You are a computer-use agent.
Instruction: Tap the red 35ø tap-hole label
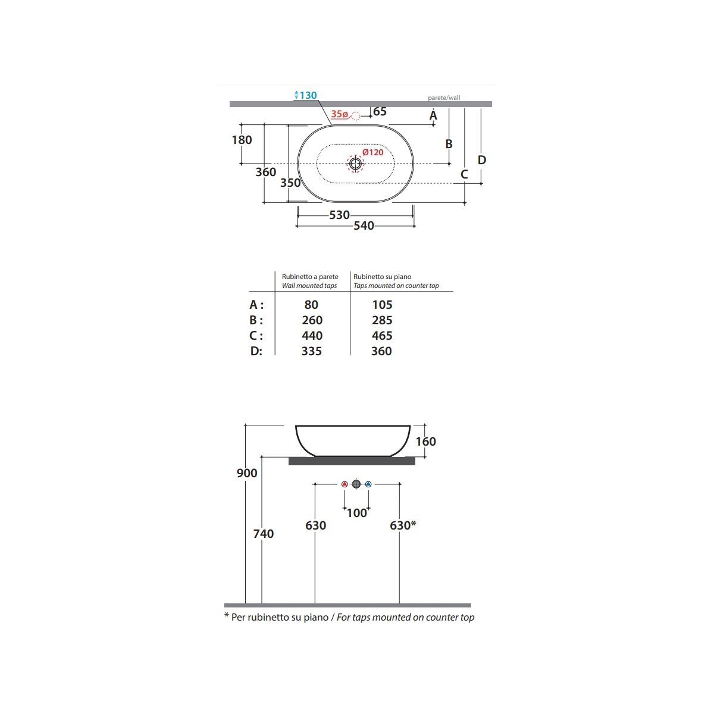coord(339,114)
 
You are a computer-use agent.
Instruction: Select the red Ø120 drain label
coord(372,152)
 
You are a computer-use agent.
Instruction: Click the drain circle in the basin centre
coord(355,164)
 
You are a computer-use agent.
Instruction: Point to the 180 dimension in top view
coord(242,140)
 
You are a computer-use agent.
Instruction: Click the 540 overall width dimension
coord(364,226)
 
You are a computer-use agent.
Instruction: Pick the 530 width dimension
coord(339,215)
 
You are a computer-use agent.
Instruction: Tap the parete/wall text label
coord(444,98)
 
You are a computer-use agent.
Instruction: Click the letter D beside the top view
coord(482,160)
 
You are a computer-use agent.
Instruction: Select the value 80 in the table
coord(311,305)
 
